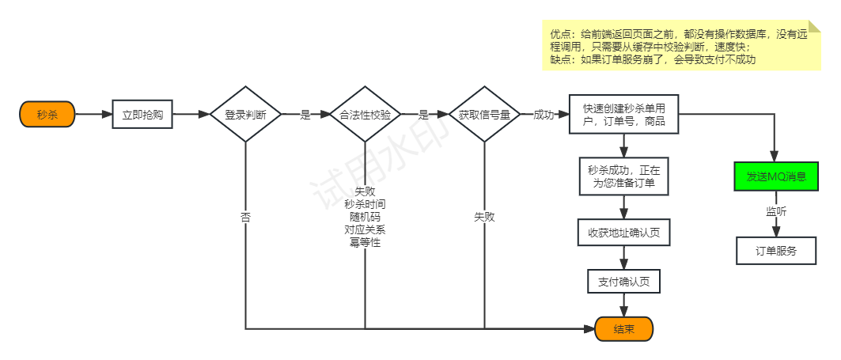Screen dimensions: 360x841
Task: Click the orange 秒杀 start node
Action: [x=47, y=114]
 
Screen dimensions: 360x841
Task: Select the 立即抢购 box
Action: [x=142, y=114]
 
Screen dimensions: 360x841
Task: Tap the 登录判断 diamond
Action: [x=245, y=114]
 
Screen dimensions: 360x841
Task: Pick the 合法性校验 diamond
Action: [x=365, y=114]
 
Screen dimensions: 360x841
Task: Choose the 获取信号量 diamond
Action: [x=484, y=114]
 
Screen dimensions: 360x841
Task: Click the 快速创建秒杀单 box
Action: [x=623, y=115]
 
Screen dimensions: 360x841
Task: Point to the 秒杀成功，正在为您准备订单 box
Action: [x=624, y=176]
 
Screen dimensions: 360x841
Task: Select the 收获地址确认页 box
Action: [x=624, y=233]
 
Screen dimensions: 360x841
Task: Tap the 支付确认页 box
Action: [x=624, y=282]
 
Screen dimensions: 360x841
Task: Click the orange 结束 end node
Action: [x=624, y=329]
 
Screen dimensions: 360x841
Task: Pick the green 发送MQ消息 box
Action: [x=775, y=176]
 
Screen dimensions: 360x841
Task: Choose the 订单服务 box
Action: [x=775, y=251]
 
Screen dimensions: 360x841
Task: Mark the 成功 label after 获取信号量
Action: [x=544, y=115]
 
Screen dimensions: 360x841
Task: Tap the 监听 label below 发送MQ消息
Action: [x=775, y=211]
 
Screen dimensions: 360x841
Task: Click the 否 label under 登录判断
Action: [x=246, y=216]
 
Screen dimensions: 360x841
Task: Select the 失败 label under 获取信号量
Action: [x=484, y=216]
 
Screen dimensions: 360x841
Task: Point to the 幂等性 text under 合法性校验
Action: [x=365, y=242]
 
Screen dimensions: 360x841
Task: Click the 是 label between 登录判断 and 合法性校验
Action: [x=305, y=115]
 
